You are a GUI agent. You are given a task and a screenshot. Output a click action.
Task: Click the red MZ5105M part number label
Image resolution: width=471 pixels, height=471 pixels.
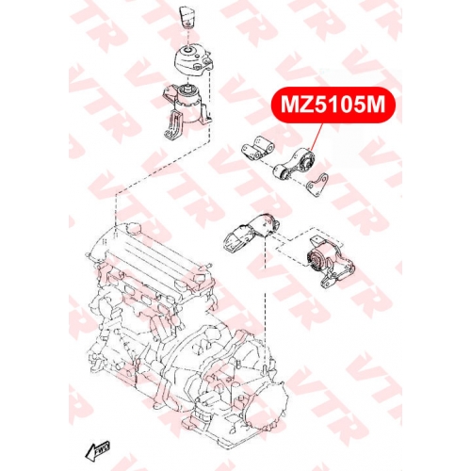[x=333, y=105]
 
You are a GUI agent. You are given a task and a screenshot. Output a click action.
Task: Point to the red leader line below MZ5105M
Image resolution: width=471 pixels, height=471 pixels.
[x=316, y=136]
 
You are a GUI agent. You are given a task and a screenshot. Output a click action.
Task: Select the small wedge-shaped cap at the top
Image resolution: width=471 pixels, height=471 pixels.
[x=187, y=18]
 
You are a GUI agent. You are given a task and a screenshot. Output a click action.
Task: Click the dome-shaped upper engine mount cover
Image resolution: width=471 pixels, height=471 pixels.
[x=193, y=61]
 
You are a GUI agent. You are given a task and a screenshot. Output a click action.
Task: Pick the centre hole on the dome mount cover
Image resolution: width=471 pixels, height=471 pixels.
[x=188, y=50]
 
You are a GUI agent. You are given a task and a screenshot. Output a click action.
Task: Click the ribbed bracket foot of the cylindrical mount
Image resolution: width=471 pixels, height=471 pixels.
[x=172, y=124]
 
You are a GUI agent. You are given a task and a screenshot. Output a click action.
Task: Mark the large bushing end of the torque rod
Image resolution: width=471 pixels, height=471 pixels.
[x=306, y=160]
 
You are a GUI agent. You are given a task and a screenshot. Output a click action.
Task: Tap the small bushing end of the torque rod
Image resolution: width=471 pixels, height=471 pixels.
[x=280, y=172]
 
